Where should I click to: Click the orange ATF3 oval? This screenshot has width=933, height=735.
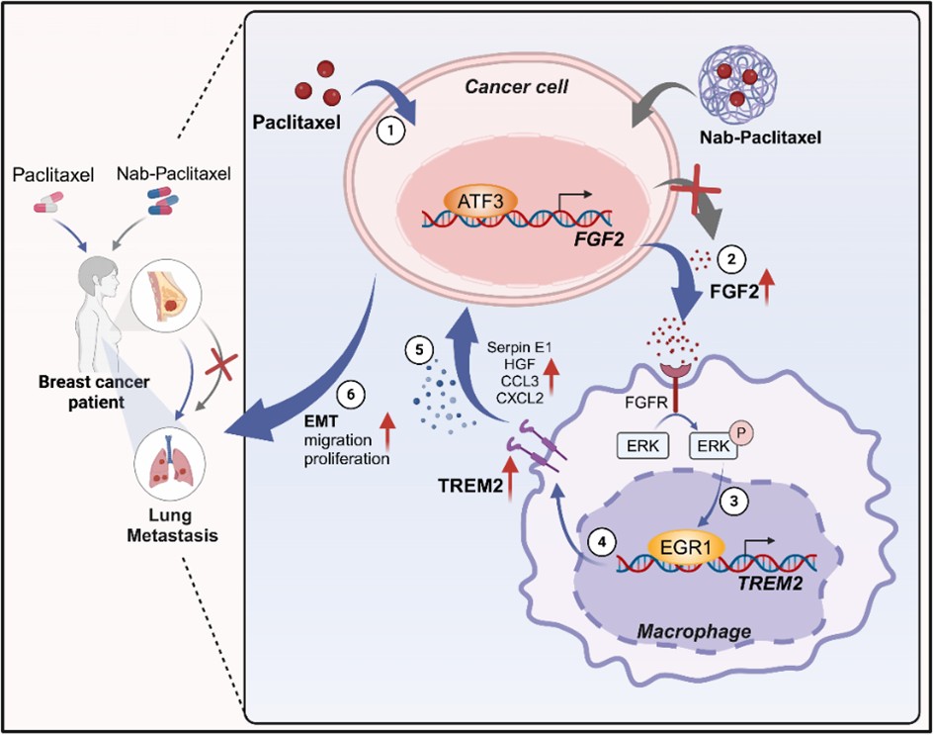pyautogui.click(x=473, y=204)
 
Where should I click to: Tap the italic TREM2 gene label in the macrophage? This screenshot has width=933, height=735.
pyautogui.click(x=767, y=573)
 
